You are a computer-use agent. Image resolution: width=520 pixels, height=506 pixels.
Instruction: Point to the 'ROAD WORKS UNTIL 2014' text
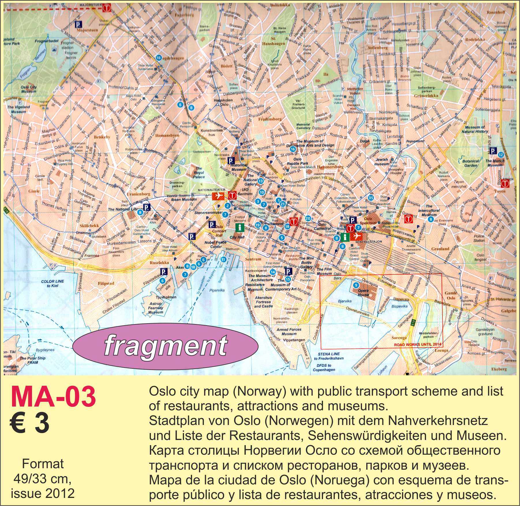(x=417, y=344)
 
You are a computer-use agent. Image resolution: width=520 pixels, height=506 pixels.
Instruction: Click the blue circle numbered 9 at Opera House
(x=356, y=285)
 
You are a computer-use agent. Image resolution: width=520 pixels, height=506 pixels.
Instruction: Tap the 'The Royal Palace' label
(x=199, y=173)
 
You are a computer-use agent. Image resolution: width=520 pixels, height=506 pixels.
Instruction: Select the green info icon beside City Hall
(x=239, y=227)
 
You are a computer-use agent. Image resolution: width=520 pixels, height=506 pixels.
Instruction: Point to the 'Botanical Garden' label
(x=471, y=163)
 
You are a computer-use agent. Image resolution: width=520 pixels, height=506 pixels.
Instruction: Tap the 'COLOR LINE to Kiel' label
(x=52, y=283)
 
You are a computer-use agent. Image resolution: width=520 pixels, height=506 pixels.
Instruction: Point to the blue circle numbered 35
(x=371, y=197)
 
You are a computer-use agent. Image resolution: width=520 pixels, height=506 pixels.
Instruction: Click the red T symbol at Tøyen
(x=505, y=183)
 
